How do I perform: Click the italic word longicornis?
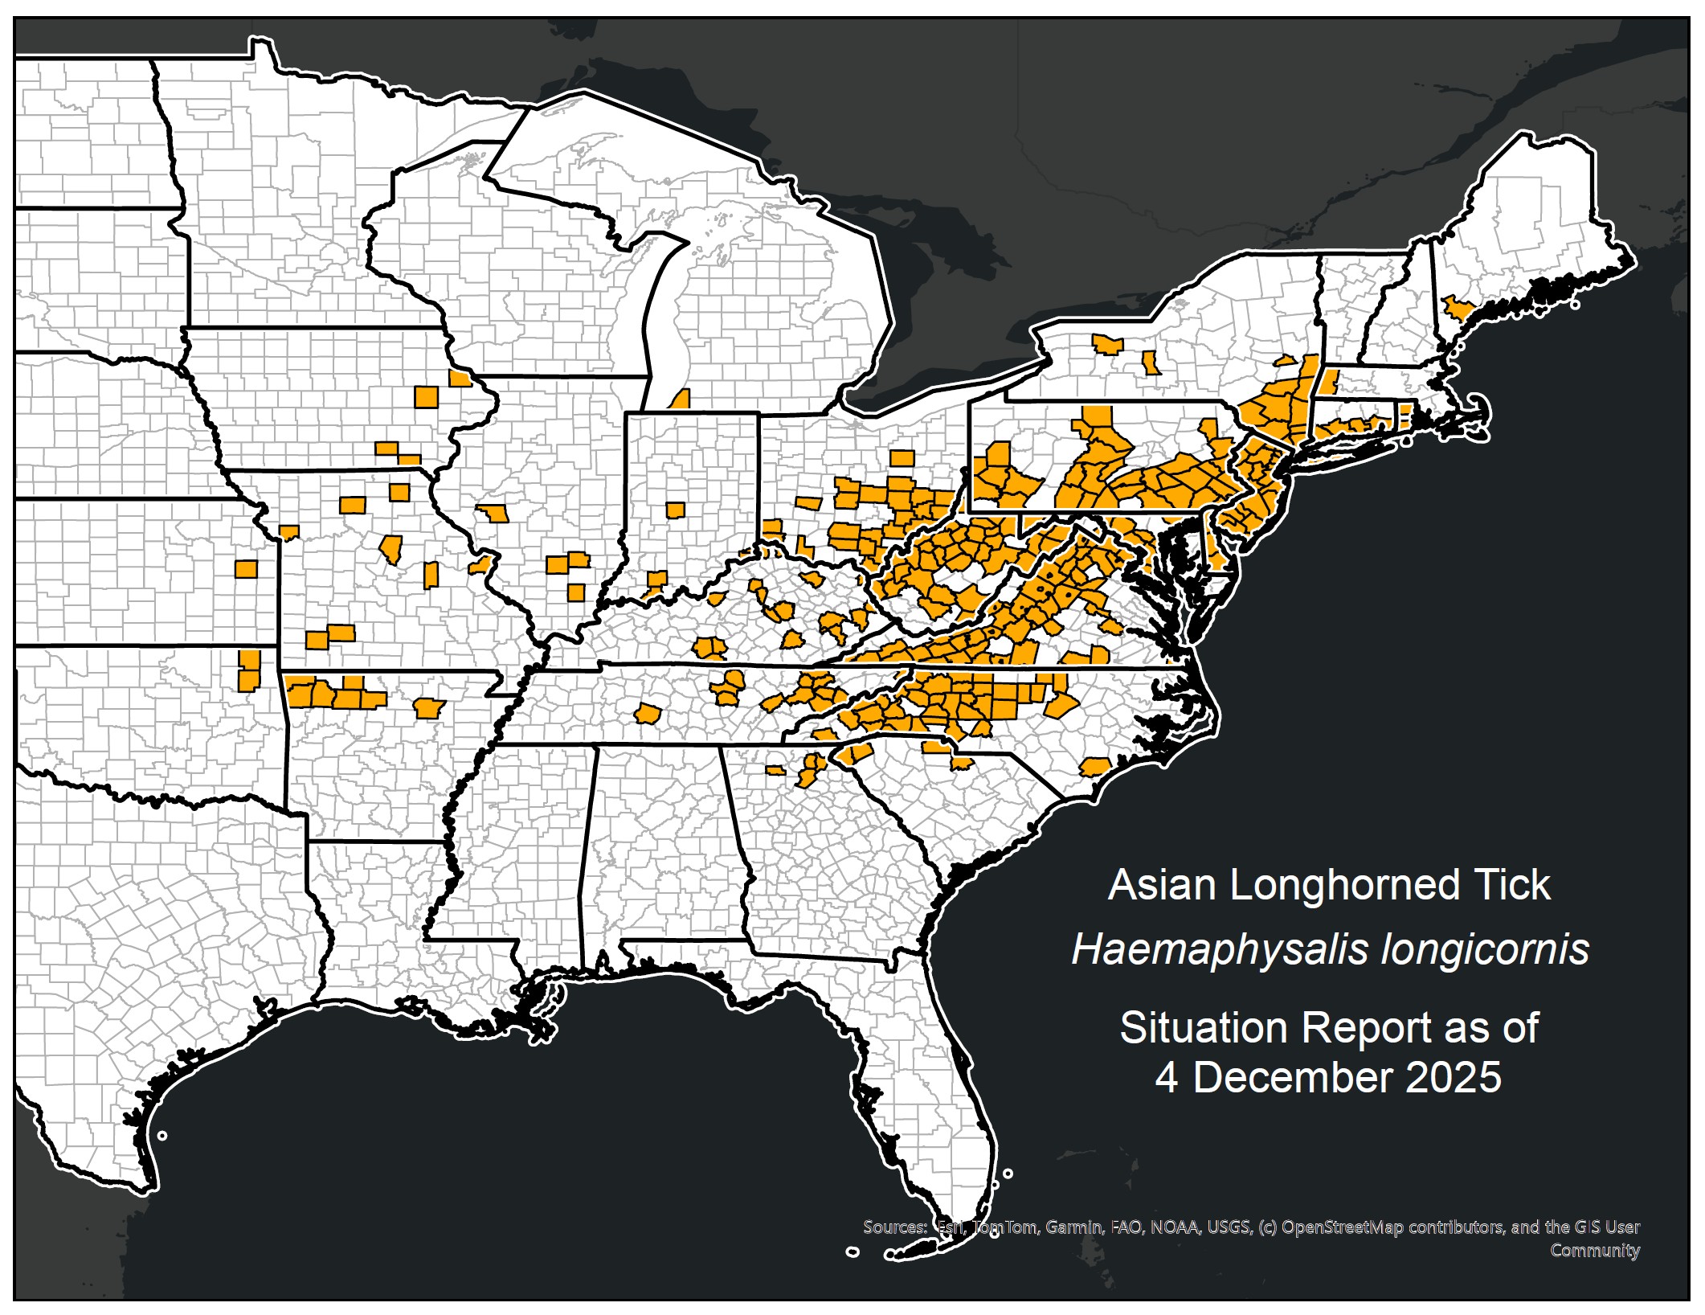pos(1485,950)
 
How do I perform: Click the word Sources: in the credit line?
pos(894,1227)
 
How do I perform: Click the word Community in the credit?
pos(1594,1250)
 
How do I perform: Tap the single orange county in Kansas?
pos(246,569)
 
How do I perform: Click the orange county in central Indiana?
pos(675,510)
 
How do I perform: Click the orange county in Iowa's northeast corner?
pos(460,379)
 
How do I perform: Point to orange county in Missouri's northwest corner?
pos(288,532)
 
